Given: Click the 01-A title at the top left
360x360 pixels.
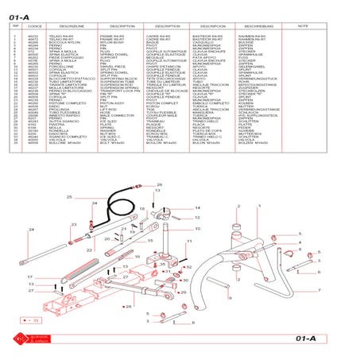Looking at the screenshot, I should click(x=21, y=13).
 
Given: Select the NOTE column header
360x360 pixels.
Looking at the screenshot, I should click(x=303, y=26).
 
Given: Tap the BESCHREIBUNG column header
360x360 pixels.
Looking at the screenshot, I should click(x=266, y=26).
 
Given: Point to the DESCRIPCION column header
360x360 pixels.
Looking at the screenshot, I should click(x=224, y=26).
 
